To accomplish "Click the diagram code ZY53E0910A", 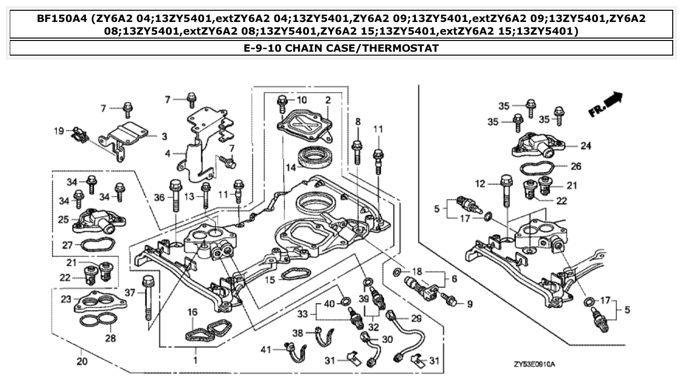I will [x=535, y=364].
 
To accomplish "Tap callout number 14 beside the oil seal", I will [x=291, y=167].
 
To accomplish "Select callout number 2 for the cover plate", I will [x=328, y=100].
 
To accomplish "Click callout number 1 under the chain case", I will [x=195, y=361].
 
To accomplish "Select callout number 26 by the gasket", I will [x=576, y=166].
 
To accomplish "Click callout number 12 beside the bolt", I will [x=481, y=183].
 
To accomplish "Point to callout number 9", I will [x=469, y=304].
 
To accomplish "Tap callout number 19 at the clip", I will [x=59, y=131].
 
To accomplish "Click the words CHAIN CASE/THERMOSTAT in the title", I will [x=361, y=48].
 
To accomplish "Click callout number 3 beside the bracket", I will [x=165, y=136].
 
